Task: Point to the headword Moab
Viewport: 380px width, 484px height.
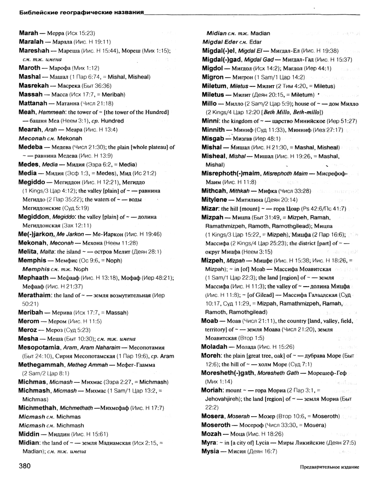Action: tap(210, 321)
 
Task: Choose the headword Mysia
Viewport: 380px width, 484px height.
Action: tap(212, 451)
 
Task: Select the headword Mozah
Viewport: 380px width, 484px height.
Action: tap(212, 434)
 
